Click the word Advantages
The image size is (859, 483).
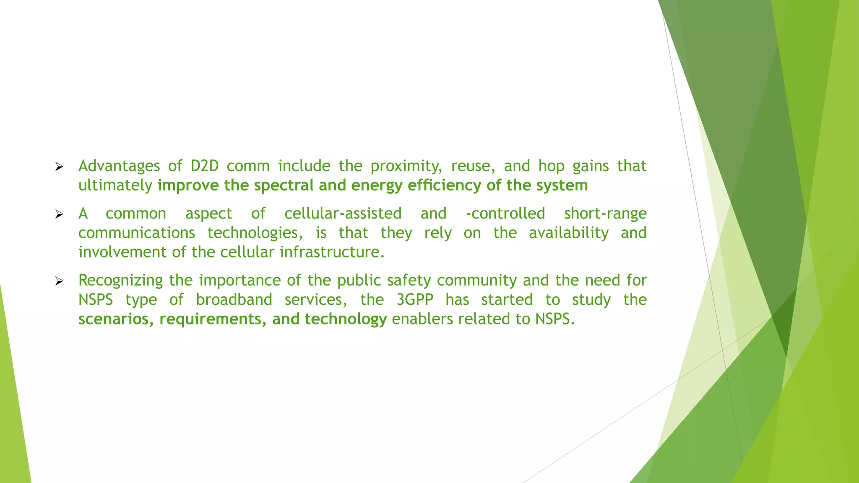[119, 166]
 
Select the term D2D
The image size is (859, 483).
[205, 166]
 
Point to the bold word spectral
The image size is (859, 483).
[284, 185]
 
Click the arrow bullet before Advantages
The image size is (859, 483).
[59, 167]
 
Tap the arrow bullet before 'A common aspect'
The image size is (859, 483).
[59, 215]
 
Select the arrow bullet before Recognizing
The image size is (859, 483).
[59, 281]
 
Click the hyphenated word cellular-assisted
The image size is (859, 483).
[343, 213]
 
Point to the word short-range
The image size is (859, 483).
[605, 213]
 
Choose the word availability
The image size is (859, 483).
[568, 233]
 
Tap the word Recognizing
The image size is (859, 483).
[120, 280]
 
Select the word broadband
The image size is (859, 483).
[234, 300]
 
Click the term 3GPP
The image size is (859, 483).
[415, 300]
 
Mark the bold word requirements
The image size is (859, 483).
[213, 319]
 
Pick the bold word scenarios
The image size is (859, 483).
[116, 319]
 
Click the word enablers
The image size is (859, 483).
[422, 319]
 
